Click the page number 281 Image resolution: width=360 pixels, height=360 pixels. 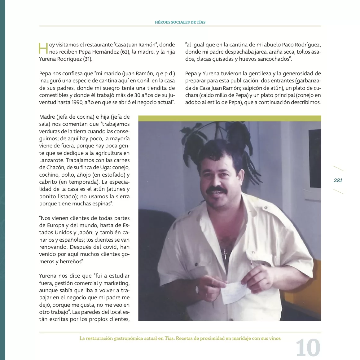(x=338, y=180)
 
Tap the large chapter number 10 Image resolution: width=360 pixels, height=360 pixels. (x=308, y=348)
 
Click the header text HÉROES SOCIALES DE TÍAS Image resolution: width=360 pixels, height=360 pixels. (x=180, y=22)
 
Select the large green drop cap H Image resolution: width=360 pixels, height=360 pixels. (x=43, y=48)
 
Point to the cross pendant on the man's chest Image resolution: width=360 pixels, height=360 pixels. (x=225, y=254)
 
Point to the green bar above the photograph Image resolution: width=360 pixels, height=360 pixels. (x=229, y=118)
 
